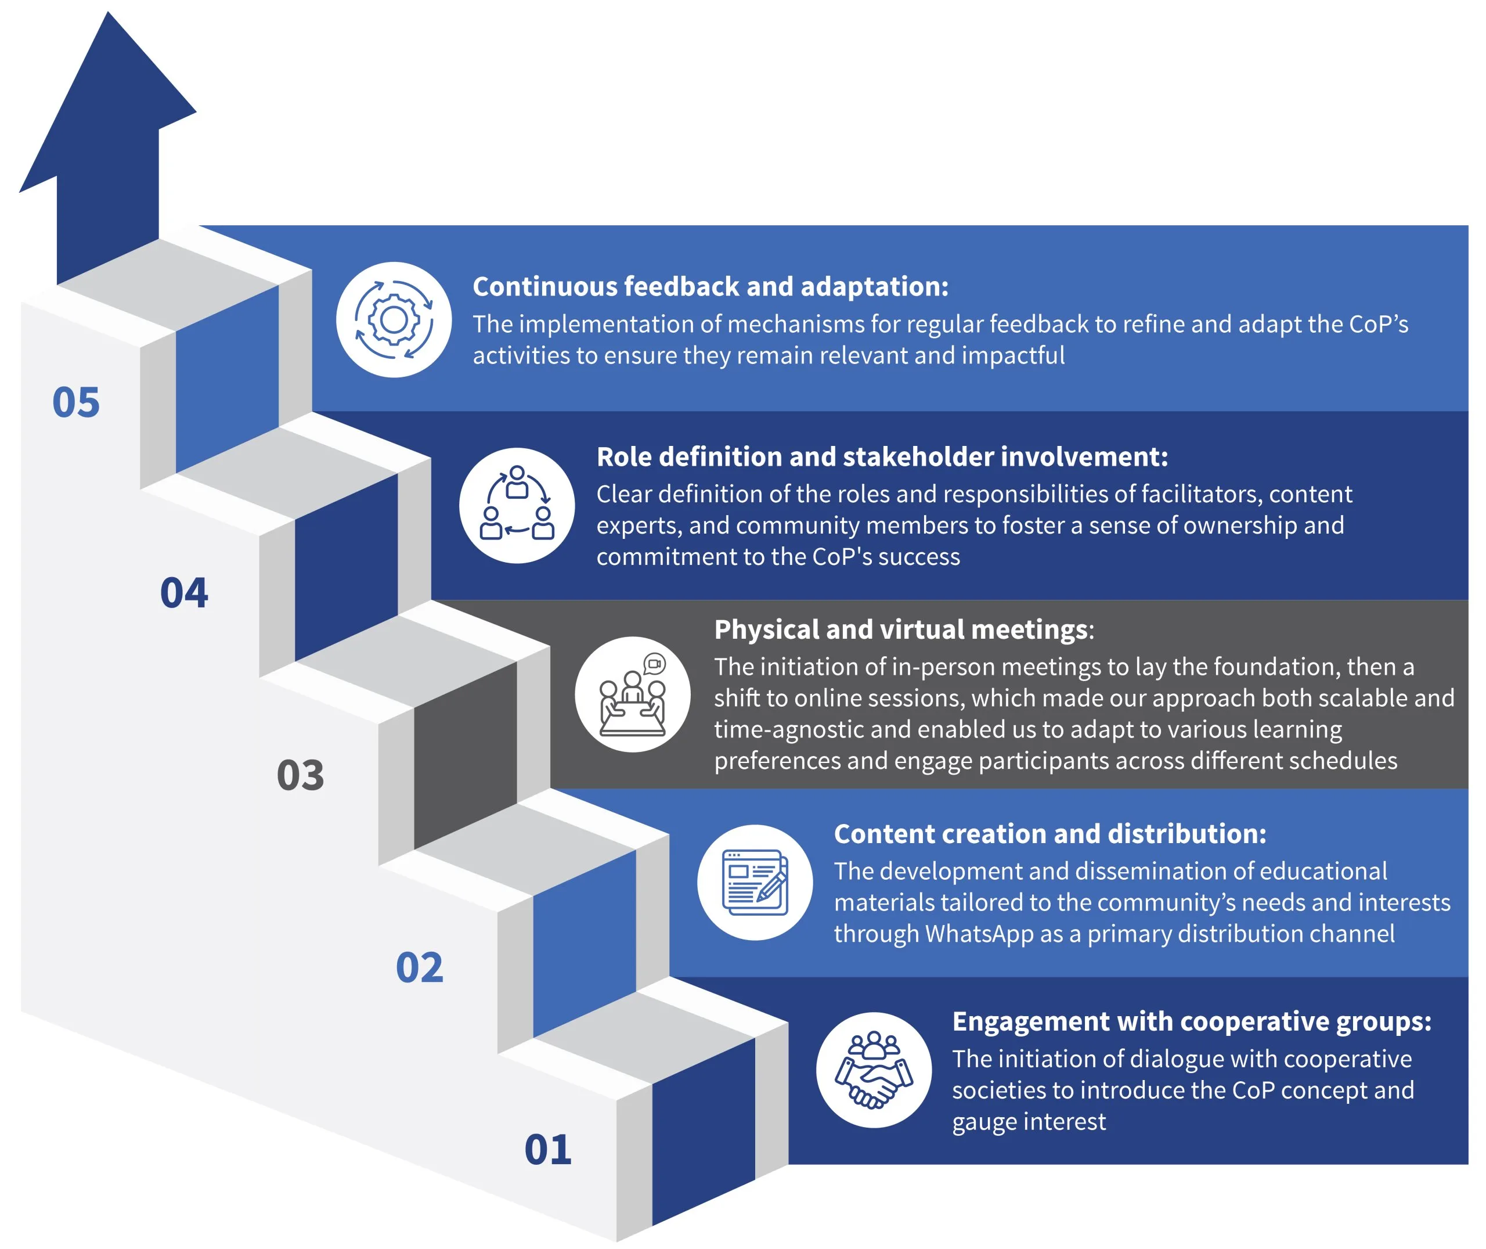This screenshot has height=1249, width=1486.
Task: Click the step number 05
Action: click(77, 403)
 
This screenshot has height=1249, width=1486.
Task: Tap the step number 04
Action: click(184, 593)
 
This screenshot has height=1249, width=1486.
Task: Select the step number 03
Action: click(301, 775)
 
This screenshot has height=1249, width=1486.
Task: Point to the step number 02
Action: click(420, 967)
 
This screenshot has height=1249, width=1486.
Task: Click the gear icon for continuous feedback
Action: click(394, 320)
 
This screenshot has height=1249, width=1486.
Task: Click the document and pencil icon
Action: click(755, 882)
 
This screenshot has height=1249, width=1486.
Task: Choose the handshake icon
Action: click(874, 1069)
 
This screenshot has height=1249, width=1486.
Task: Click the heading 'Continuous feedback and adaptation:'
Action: click(710, 287)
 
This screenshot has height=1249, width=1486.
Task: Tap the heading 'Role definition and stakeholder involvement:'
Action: click(882, 457)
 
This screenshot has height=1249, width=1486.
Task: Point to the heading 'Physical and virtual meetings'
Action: click(901, 629)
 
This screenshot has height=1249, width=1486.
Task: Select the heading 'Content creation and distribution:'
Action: click(1050, 834)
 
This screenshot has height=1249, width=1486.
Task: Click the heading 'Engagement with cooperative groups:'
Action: click(1192, 1022)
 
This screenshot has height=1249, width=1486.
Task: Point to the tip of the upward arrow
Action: click(109, 12)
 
